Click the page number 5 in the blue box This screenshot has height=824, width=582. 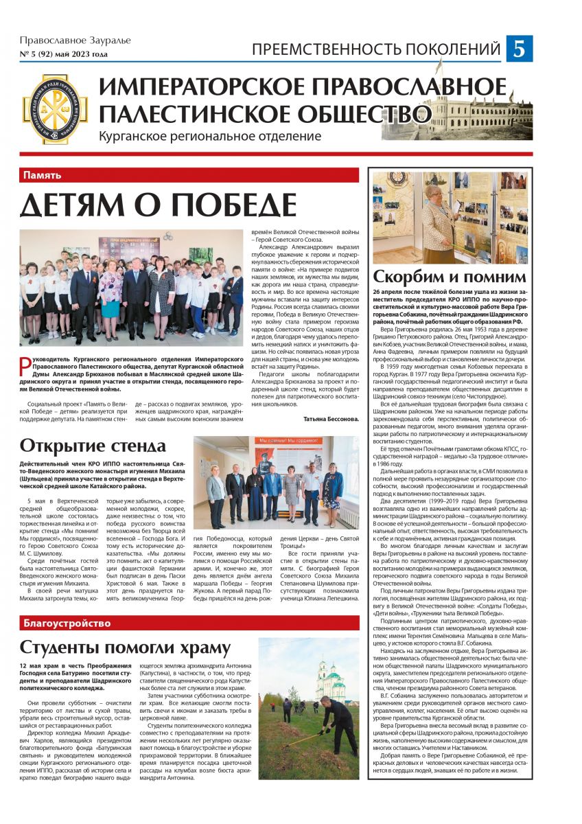tap(520, 49)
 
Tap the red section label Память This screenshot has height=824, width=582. tap(43, 175)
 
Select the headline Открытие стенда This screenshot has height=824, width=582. tap(93, 446)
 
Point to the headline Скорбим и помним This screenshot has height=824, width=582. tap(449, 277)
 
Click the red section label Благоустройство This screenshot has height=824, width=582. tap(67, 623)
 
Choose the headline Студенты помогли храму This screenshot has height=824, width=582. tap(125, 648)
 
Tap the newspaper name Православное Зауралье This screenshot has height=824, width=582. tap(75, 40)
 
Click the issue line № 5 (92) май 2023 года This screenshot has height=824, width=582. tap(63, 54)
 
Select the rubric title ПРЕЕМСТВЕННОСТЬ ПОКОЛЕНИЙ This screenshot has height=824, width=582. tap(376, 49)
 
